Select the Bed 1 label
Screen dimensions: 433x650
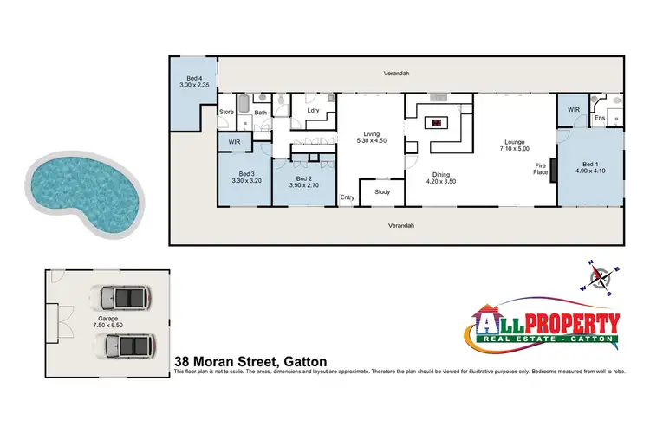pyautogui.click(x=591, y=164)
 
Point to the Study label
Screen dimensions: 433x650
pyautogui.click(x=382, y=191)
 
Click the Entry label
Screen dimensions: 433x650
pyautogui.click(x=348, y=197)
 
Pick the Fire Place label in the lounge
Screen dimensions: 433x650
pyautogui.click(x=539, y=168)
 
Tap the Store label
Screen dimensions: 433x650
pyautogui.click(x=227, y=112)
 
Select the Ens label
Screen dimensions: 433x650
pyautogui.click(x=600, y=117)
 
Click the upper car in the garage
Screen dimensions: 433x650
pyautogui.click(x=120, y=300)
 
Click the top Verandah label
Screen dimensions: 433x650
pyautogui.click(x=397, y=74)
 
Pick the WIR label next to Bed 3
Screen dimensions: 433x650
pyautogui.click(x=234, y=142)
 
